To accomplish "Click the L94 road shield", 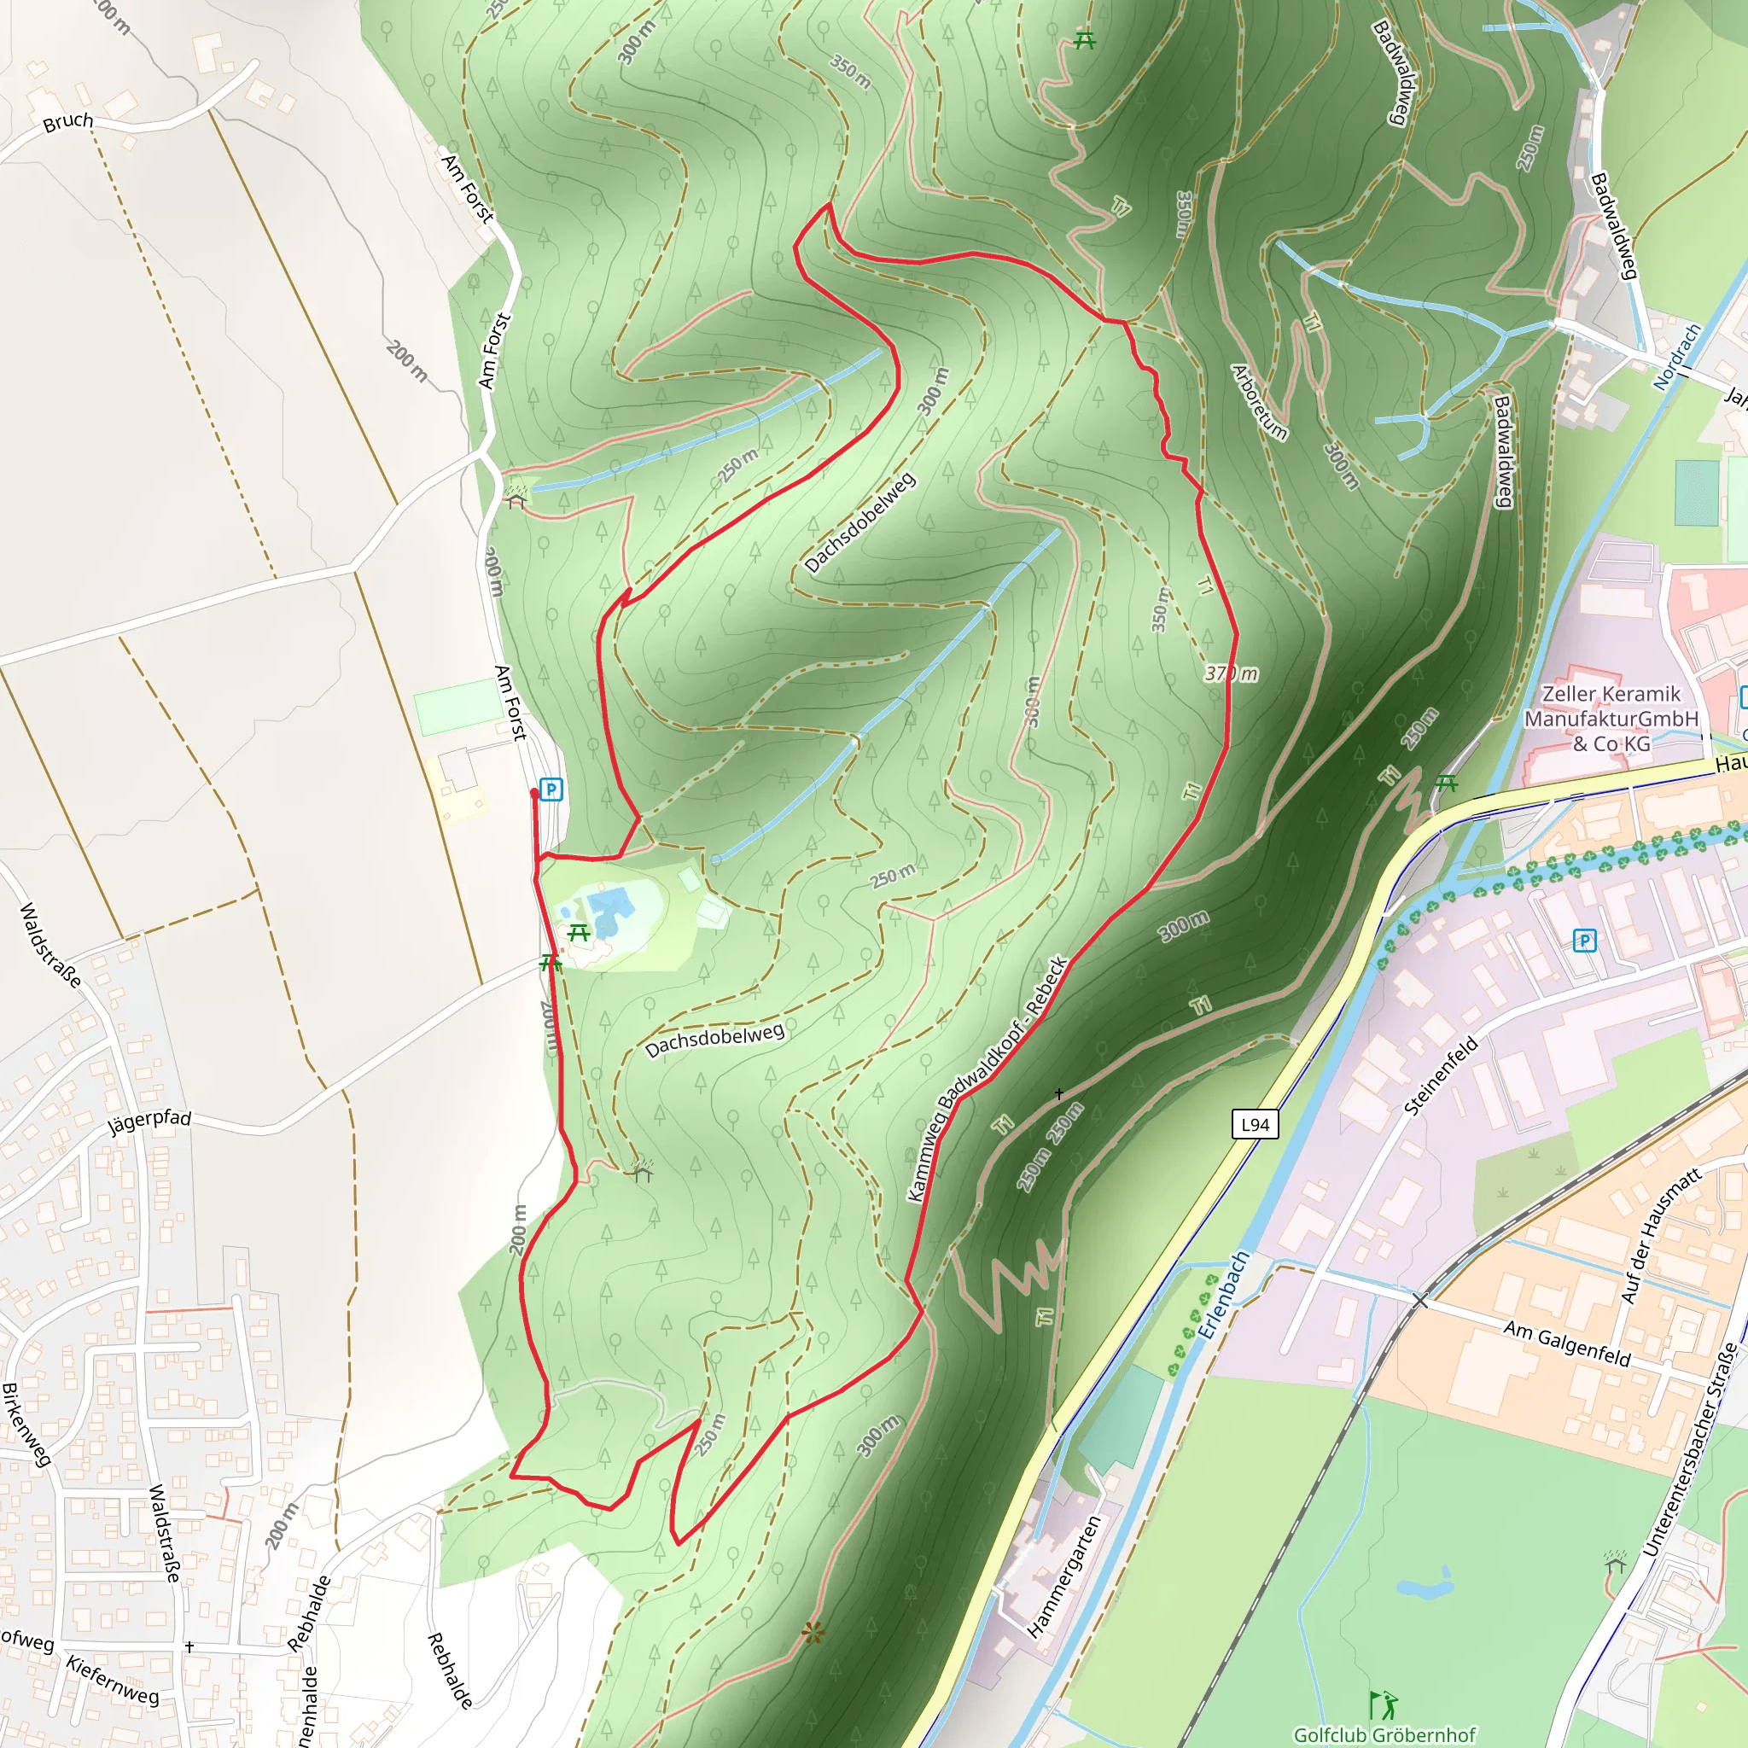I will [x=1255, y=1125].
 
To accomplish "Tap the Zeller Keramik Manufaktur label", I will [x=1611, y=719].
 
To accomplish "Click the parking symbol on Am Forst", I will [x=551, y=789].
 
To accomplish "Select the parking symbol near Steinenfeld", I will [x=1584, y=941].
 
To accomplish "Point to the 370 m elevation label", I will [x=1231, y=673].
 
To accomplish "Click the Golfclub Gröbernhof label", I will [x=1384, y=1734].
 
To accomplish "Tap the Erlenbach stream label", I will [x=1223, y=1295].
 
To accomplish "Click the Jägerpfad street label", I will [x=150, y=1121].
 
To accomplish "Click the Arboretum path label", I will [x=1260, y=402].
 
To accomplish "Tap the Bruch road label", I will [x=68, y=121].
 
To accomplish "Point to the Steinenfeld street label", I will [x=1441, y=1075].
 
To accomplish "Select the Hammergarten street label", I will [x=1065, y=1576].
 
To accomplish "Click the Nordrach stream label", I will [x=1676, y=357].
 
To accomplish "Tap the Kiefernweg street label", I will [x=112, y=1680].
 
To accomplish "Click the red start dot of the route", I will [x=534, y=794].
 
